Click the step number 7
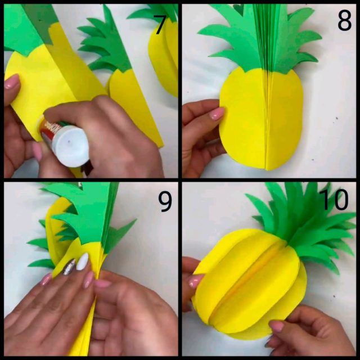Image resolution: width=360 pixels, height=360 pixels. (x=159, y=25)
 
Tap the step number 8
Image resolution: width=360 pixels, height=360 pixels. (x=344, y=21)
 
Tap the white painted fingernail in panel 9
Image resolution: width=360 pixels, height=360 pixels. (x=82, y=261)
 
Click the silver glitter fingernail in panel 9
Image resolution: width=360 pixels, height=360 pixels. (x=69, y=267)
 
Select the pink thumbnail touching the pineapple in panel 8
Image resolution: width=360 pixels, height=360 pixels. (x=217, y=114)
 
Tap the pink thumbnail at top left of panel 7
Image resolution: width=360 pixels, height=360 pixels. (x=12, y=82)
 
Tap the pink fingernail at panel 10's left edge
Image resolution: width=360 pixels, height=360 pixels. (x=196, y=281)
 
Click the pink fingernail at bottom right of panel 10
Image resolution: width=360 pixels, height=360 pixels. (x=277, y=326)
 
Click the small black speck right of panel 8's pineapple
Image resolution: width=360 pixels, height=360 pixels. (x=337, y=118)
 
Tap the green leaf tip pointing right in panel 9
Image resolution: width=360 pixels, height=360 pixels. (x=133, y=222)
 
